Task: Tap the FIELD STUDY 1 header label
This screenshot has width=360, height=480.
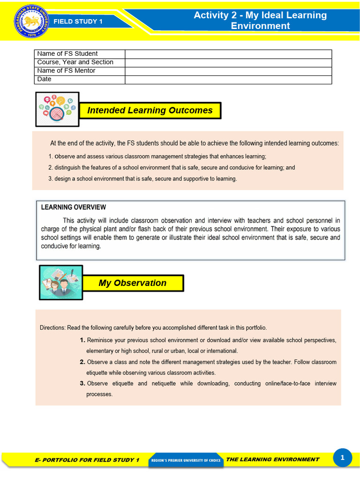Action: coord(78,21)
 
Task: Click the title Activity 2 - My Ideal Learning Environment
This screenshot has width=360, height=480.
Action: coord(260,20)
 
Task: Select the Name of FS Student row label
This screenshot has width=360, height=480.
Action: coord(67,54)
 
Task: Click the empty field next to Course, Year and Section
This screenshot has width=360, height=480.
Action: coord(228,62)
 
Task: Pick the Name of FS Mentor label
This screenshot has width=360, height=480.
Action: coord(66,71)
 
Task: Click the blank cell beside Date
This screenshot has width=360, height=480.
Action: coord(228,79)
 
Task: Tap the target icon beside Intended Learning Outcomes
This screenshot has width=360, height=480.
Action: coord(57,109)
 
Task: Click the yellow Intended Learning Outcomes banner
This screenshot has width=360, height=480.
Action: coord(150,111)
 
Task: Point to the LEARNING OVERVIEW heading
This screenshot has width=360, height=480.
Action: coord(74,207)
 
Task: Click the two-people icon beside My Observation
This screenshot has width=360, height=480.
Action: coord(61,282)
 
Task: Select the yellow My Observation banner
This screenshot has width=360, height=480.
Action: coord(133,283)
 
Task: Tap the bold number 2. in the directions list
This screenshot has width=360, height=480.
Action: coord(82,362)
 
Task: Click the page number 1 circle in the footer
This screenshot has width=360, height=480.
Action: coord(342,458)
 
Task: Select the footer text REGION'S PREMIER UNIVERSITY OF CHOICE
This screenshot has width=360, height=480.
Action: coord(186,460)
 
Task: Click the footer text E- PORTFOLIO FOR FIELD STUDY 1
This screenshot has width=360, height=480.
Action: coord(87,460)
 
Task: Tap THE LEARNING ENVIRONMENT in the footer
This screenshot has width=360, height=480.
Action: coord(272,459)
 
